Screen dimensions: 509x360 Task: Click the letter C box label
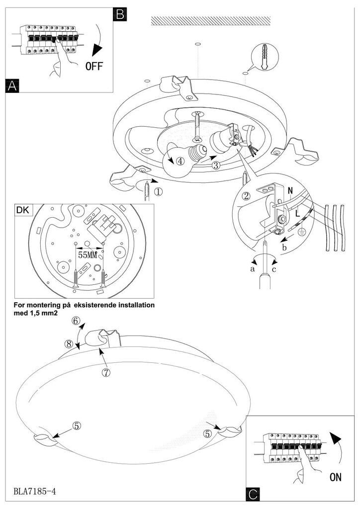point(253,495)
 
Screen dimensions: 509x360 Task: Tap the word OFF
point(94,66)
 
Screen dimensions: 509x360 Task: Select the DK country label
point(23,210)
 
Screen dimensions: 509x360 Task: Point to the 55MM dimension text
point(88,254)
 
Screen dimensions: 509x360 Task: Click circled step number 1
point(159,190)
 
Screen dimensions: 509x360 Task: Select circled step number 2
point(246,195)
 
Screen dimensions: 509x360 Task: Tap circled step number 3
point(215,166)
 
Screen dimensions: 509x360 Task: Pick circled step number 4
point(180,161)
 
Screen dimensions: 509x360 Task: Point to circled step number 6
point(76,321)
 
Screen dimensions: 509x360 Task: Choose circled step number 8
point(69,343)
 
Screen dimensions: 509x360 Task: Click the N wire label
point(290,190)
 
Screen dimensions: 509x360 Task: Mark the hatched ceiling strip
point(211,20)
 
